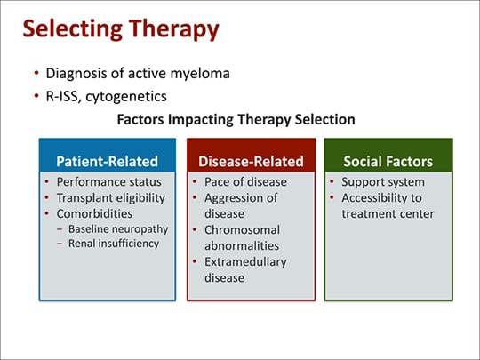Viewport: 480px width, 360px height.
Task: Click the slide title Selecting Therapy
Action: click(120, 30)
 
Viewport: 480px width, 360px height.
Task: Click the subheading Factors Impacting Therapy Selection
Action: click(236, 119)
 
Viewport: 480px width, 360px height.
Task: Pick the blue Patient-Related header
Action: click(107, 161)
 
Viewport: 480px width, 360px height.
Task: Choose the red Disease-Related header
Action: click(251, 161)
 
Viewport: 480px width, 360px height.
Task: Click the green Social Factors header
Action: click(388, 161)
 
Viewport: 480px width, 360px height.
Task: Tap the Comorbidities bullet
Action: click(94, 213)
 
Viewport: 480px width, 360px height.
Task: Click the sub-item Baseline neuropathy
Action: click(120, 229)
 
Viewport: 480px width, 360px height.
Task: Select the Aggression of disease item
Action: click(242, 205)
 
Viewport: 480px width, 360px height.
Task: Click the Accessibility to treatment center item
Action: click(388, 205)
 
